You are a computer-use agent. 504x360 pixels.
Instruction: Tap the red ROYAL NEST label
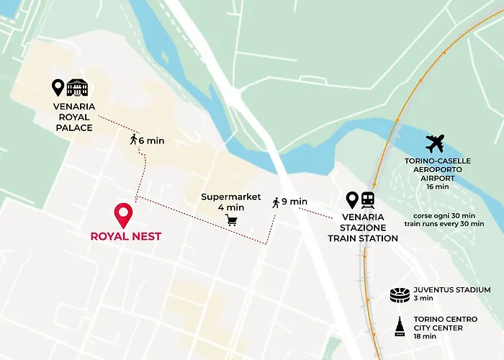(125, 235)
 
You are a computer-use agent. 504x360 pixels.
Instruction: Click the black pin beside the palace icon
(58, 88)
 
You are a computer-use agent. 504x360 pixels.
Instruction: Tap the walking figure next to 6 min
(133, 140)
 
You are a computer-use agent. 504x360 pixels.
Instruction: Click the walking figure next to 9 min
(276, 202)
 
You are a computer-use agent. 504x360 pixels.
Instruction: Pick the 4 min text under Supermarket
(230, 207)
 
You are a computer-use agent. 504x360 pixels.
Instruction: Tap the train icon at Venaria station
(369, 199)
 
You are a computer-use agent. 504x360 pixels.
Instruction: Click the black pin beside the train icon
(352, 199)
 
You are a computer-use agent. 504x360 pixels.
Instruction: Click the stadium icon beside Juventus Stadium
(399, 294)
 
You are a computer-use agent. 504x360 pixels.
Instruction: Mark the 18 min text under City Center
(425, 336)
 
